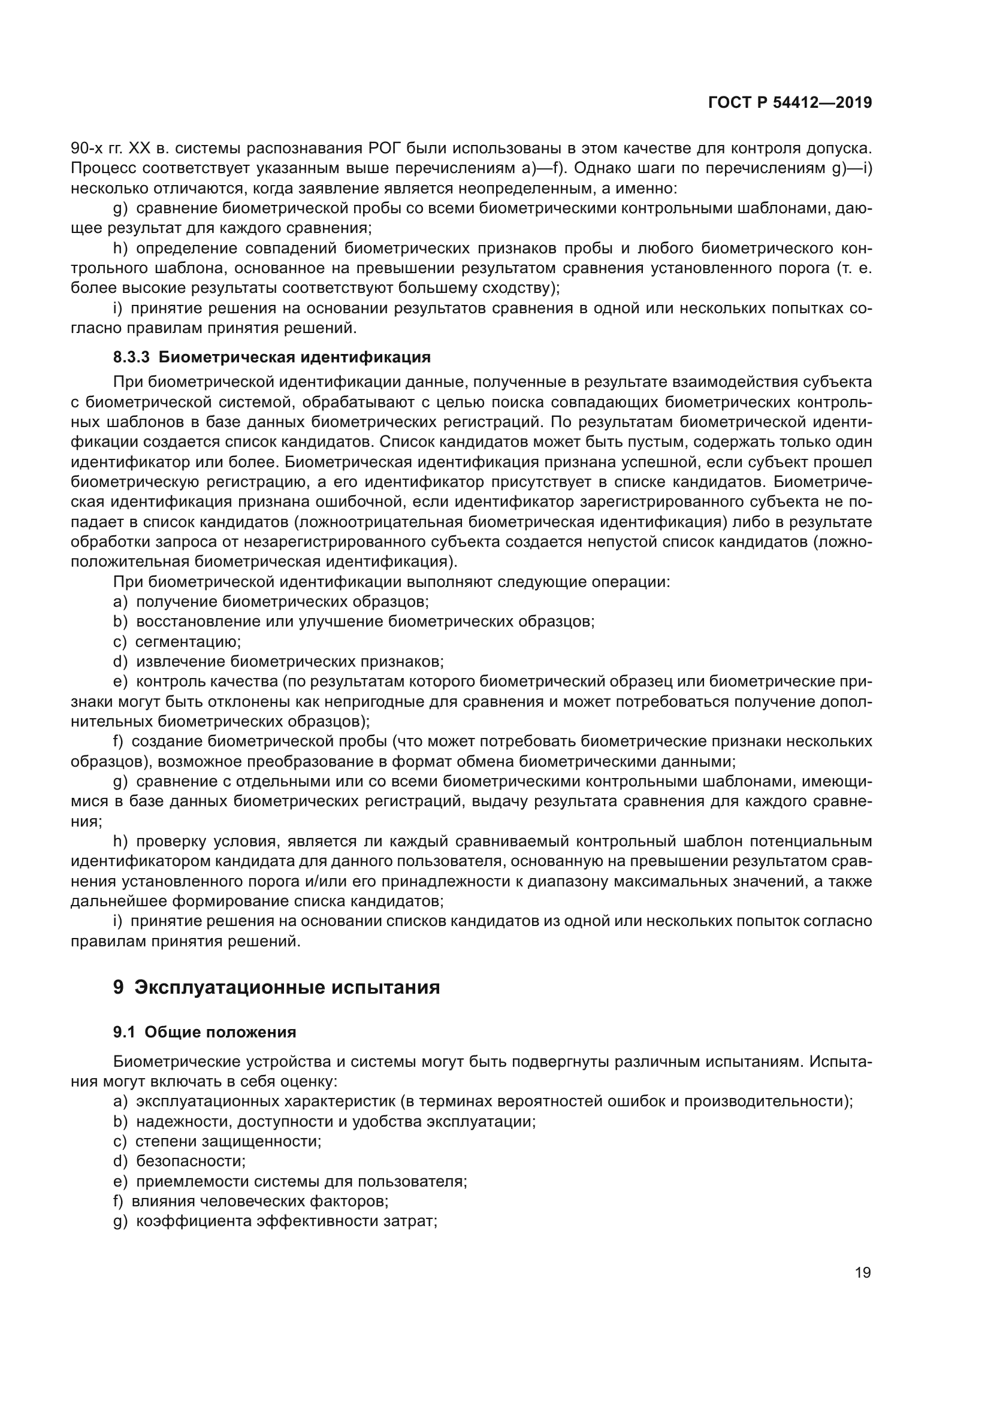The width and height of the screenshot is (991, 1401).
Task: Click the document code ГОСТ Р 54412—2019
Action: (790, 103)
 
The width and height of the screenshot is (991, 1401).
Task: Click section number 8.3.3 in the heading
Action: (131, 357)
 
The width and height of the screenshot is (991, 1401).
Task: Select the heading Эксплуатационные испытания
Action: (287, 987)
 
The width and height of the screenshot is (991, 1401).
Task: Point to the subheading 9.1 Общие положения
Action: (204, 1033)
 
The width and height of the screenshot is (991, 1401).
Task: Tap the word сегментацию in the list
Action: (188, 642)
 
